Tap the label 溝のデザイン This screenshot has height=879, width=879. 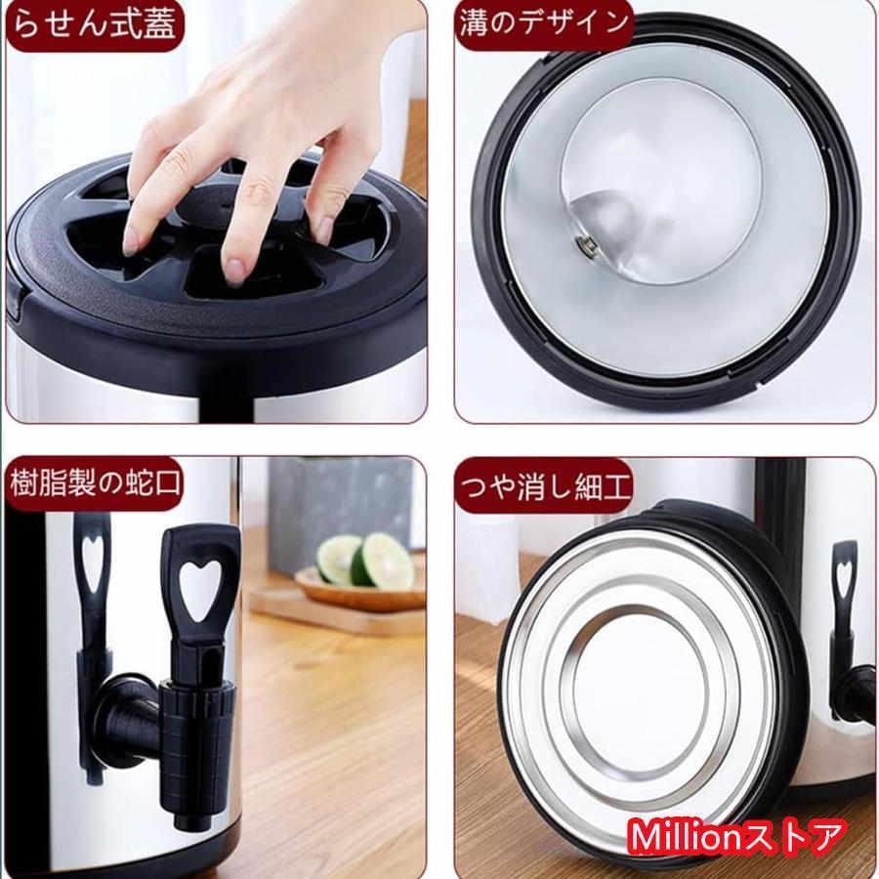[x=544, y=23]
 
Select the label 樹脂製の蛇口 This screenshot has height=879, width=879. [x=96, y=483]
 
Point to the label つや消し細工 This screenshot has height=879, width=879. [x=545, y=485]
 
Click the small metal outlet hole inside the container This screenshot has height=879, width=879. [x=584, y=243]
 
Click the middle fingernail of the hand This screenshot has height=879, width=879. [x=233, y=271]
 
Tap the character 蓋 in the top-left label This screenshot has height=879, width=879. [x=159, y=24]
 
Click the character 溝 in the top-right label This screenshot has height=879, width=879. [x=477, y=23]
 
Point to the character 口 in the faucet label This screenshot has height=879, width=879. [x=165, y=483]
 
